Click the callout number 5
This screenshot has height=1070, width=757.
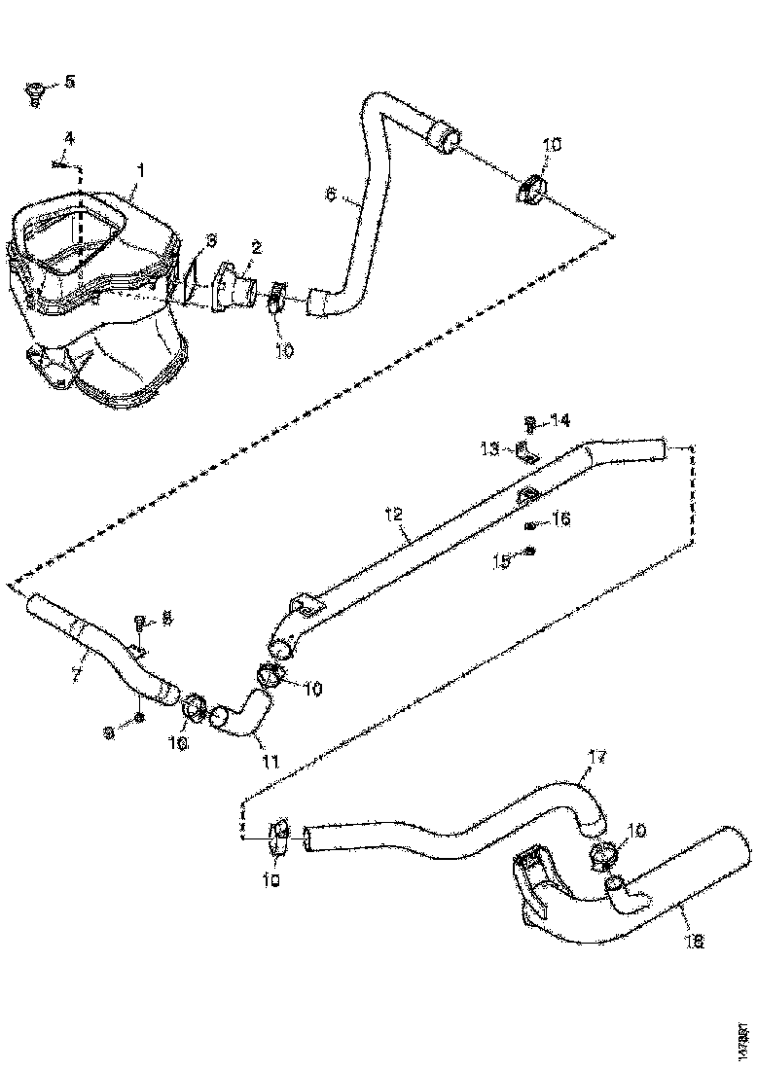click(67, 82)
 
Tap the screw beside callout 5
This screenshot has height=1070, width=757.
click(35, 93)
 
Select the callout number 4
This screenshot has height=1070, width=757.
click(67, 137)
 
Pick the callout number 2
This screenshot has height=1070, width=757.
click(255, 248)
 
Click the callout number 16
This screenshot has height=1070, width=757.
click(559, 520)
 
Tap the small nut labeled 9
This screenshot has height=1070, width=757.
click(140, 717)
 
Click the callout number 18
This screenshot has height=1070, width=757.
click(695, 942)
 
